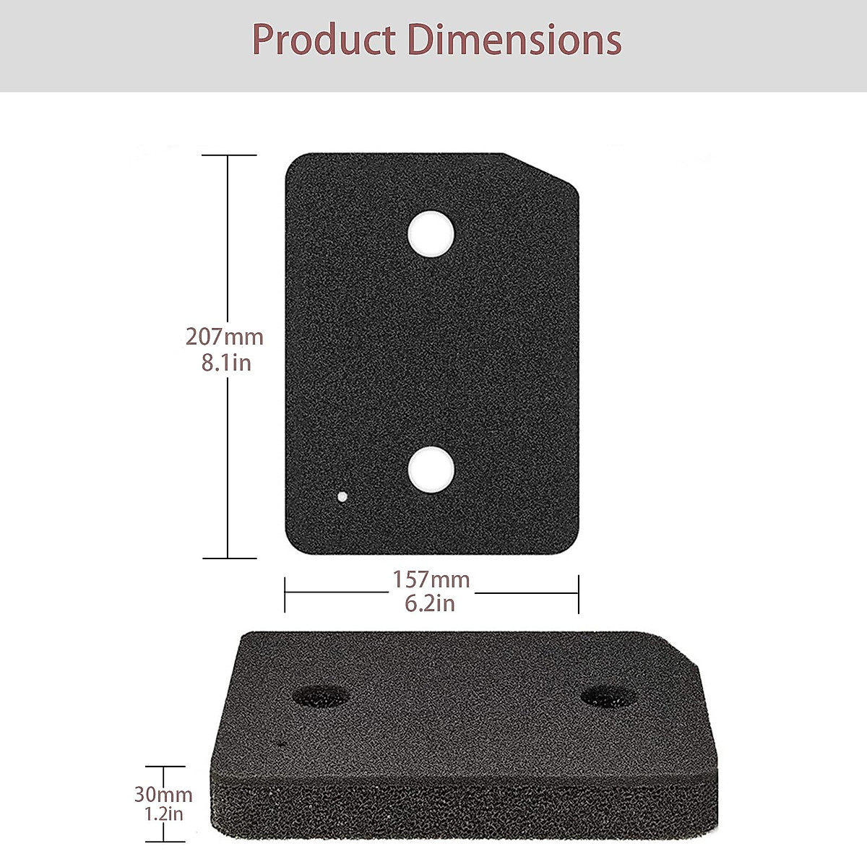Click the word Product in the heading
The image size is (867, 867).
coord(325,40)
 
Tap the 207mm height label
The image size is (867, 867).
coord(225,337)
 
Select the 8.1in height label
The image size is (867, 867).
coord(226,362)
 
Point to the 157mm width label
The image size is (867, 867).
coord(431,579)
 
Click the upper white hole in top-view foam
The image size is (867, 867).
coord(431,232)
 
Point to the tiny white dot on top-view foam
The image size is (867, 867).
coord(342,497)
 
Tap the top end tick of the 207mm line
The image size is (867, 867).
coord(228,155)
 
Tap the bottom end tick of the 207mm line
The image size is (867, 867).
coord(228,558)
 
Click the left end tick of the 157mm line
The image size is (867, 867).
coord(285,594)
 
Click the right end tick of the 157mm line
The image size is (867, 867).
coord(578,594)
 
